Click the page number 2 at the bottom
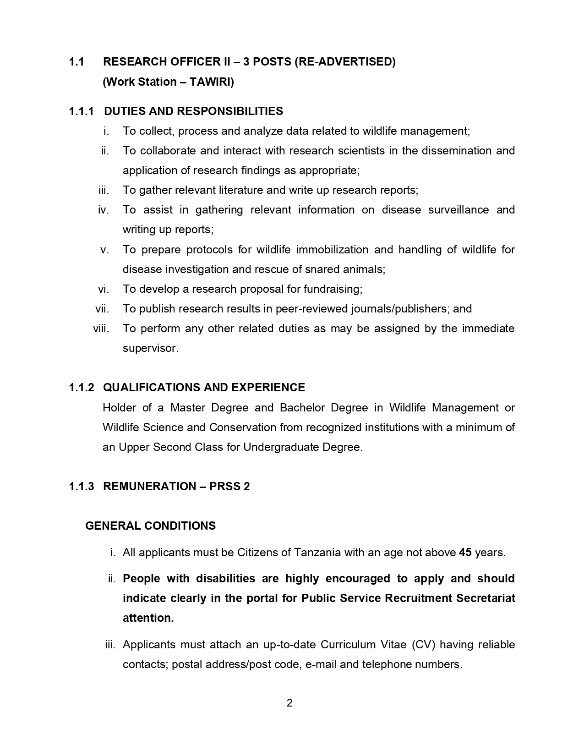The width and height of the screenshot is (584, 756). point(289,703)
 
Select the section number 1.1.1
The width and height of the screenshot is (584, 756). point(82,111)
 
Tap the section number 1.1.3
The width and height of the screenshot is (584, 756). point(82,486)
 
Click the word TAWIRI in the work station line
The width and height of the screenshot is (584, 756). point(212,82)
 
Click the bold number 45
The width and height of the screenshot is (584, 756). point(465,553)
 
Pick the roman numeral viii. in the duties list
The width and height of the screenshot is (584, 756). point(101,329)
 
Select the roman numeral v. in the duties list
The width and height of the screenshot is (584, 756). point(105,250)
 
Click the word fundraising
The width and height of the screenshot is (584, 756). point(333,289)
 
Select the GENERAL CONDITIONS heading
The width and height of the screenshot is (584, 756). point(150,526)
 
